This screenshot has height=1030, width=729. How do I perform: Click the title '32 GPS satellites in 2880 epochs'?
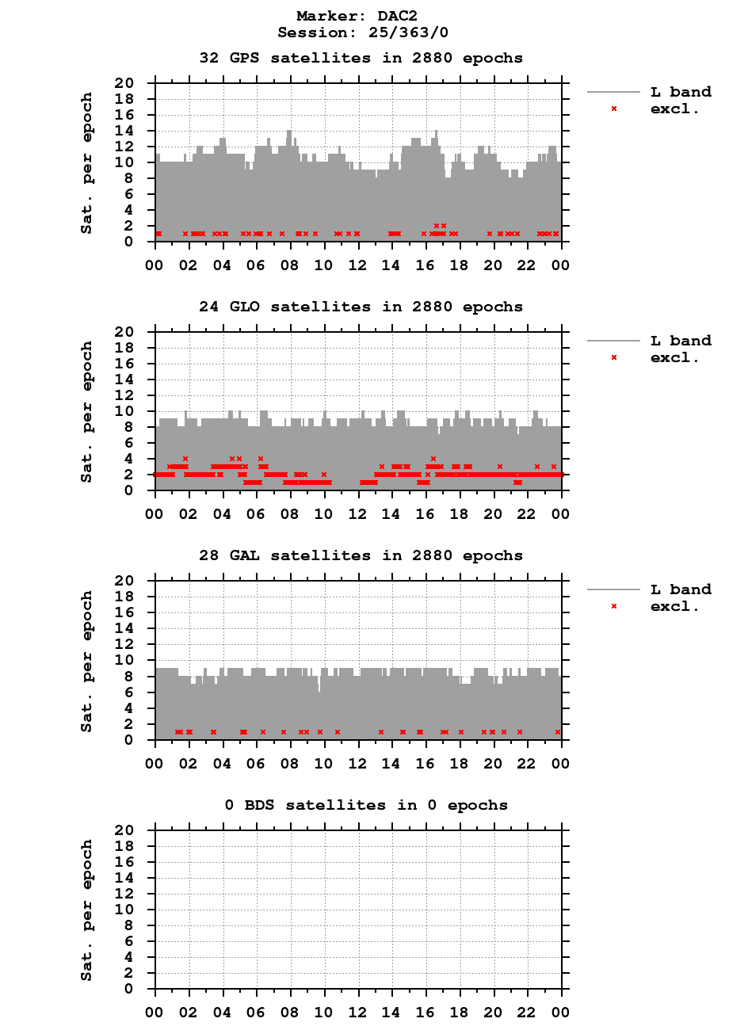click(x=361, y=58)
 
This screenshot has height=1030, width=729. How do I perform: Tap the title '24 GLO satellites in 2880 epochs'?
click(x=361, y=307)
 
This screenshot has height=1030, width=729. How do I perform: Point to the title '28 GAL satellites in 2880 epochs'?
click(x=361, y=555)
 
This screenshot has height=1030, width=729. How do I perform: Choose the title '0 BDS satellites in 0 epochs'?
click(x=365, y=805)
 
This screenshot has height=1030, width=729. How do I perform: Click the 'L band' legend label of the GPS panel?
click(x=681, y=92)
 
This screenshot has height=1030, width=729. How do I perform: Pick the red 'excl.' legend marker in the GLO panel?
click(x=613, y=357)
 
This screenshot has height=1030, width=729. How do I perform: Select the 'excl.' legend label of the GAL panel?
click(x=674, y=607)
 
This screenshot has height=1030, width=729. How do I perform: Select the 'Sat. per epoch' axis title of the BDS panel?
click(x=87, y=910)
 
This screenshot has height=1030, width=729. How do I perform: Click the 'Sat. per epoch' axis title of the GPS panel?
click(x=87, y=162)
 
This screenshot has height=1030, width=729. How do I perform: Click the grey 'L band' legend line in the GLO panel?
click(x=613, y=341)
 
